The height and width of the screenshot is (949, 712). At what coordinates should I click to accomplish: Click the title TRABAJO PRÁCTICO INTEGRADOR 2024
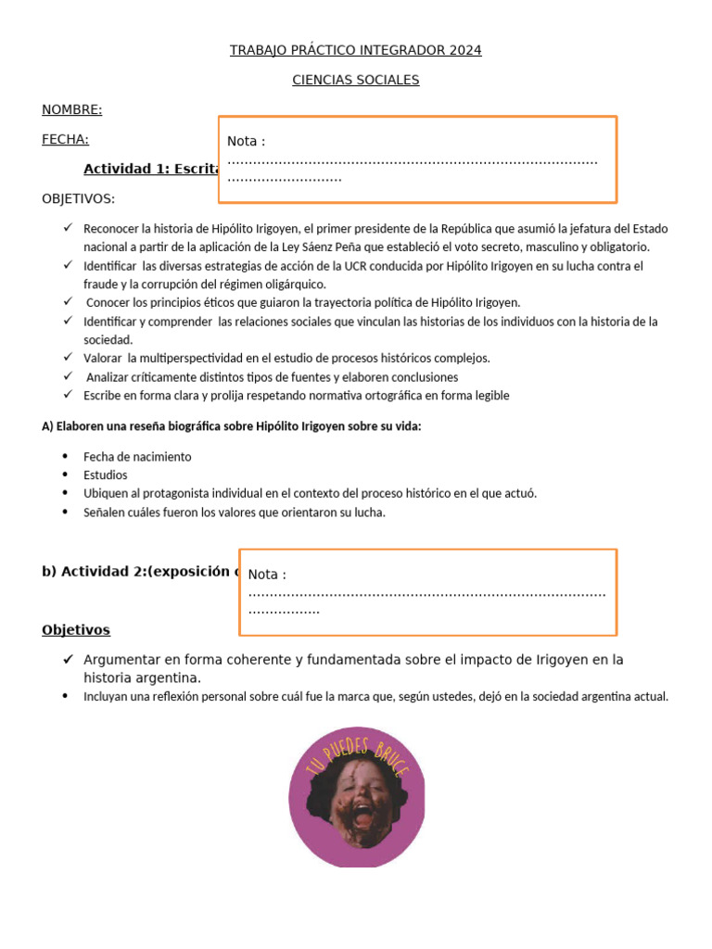[355, 50]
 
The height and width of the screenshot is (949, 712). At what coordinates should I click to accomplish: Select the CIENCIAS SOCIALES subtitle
[355, 80]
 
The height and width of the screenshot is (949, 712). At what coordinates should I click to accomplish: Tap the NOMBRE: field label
[71, 109]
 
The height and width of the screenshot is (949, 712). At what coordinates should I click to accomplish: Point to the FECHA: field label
[65, 139]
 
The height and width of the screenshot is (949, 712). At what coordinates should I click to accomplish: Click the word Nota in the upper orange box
[243, 141]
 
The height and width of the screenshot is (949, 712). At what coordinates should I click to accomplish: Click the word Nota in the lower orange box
[264, 575]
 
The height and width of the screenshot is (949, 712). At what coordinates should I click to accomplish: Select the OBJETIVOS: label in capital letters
[79, 198]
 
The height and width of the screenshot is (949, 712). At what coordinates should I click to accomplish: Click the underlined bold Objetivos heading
[76, 630]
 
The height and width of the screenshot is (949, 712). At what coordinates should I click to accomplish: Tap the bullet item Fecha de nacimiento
[137, 456]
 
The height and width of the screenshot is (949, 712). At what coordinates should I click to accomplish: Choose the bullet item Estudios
[106, 474]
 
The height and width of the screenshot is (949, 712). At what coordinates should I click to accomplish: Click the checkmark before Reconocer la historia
[68, 228]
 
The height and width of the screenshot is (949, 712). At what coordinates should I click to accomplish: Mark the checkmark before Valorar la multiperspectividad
[68, 358]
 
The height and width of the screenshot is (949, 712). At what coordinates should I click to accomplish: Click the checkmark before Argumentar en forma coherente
[68, 660]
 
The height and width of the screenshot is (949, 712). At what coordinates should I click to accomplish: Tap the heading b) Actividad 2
[139, 571]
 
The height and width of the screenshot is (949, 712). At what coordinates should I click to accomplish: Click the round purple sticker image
[357, 798]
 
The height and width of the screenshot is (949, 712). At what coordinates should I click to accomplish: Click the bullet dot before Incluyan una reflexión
[65, 696]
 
